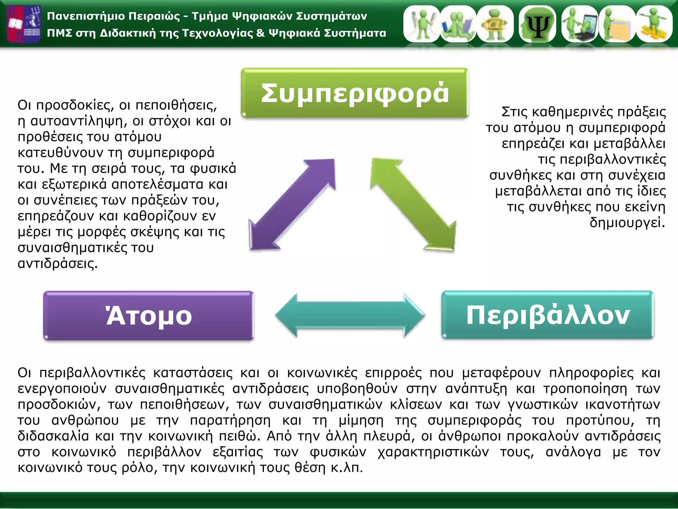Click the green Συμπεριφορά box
tap(355, 93)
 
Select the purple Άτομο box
tap(149, 316)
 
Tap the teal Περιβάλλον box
tap(548, 315)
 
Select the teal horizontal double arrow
tap(350, 315)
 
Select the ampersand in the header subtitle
tap(261, 33)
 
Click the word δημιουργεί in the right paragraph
tap(627, 223)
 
